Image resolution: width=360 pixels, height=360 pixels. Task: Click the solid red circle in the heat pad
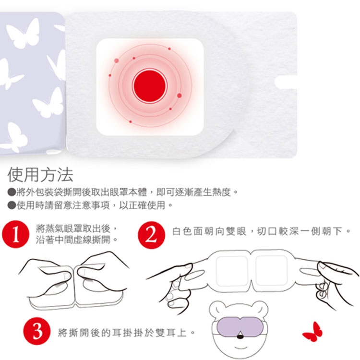pos(149,85)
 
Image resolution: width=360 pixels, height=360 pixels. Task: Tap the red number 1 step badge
pos(16,234)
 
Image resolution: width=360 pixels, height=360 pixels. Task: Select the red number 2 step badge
pos(151,235)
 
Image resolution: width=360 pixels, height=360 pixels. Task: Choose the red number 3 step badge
pos(37,331)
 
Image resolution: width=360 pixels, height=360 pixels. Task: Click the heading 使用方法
pos(40,175)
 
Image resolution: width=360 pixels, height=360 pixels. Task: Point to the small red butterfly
pos(312,331)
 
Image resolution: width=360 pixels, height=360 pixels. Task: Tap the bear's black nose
pos(240,336)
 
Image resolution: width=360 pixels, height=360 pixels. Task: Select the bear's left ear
pos(216,309)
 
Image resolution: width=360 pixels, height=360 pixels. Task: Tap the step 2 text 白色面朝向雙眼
pos(209,231)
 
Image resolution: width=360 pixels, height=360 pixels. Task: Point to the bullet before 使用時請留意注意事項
pos(11,205)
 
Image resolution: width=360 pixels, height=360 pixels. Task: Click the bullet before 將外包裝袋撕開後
pos(11,192)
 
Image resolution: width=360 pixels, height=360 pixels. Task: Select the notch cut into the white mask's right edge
pos(286,82)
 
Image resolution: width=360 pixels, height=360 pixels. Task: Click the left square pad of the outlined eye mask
pos(232,271)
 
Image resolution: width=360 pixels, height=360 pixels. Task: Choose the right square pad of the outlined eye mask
pos(271,271)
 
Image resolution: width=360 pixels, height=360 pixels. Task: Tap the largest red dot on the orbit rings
pos(180,96)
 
